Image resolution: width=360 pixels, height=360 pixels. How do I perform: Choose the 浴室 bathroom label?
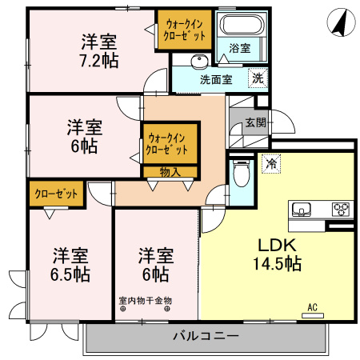(x=239, y=48)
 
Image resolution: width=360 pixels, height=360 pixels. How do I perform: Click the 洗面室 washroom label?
(x=216, y=79)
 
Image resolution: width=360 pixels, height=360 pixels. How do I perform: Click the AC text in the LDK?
(x=312, y=306)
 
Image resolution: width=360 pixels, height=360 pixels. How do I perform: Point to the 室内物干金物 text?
(x=146, y=301)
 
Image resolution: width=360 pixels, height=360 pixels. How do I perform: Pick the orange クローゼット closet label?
(x=57, y=194)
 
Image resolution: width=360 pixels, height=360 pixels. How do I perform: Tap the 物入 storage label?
(x=170, y=170)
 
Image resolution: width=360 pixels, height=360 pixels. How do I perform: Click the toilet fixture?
(x=241, y=173)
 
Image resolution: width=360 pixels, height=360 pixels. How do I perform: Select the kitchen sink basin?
(x=302, y=210)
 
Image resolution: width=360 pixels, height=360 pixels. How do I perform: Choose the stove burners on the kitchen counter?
(x=341, y=210)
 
